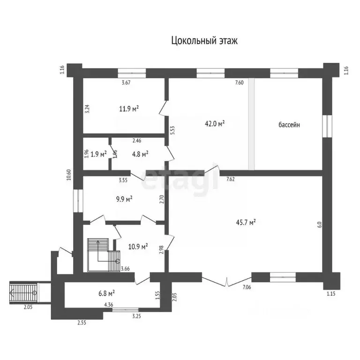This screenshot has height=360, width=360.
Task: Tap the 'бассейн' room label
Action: (289, 125)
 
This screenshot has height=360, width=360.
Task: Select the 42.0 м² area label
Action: (215, 123)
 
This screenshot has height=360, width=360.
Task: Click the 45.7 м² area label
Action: (246, 223)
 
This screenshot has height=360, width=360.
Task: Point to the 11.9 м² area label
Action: (128, 109)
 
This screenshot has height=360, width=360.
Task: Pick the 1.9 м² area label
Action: (98, 153)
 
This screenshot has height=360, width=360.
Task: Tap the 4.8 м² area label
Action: (139, 153)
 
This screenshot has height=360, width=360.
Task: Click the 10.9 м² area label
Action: (138, 246)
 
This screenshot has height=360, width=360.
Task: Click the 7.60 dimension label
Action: (239, 83)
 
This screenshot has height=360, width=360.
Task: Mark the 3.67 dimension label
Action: (126, 83)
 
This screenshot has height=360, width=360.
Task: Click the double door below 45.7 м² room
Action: (226, 282)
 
